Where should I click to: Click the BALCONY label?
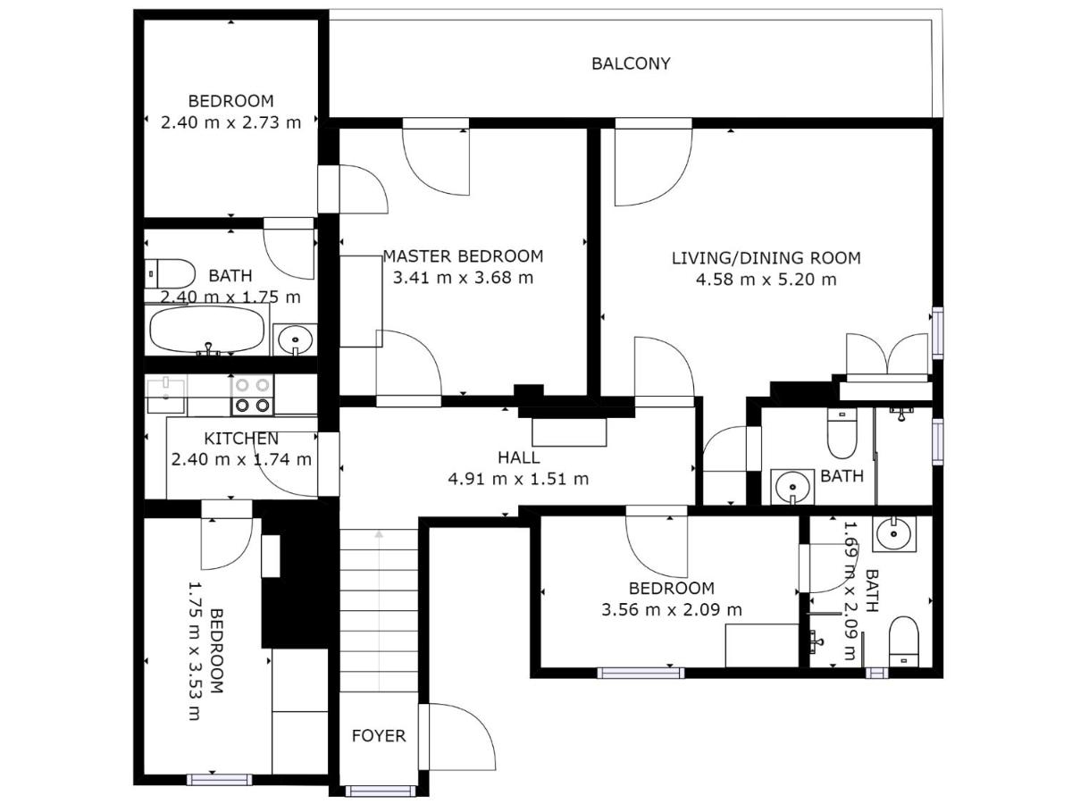click(x=631, y=63)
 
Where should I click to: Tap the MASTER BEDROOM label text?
click(x=463, y=256)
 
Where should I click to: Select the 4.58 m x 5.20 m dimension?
click(x=766, y=280)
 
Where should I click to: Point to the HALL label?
click(x=519, y=457)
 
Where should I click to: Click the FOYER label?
click(x=379, y=735)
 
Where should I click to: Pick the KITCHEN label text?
click(x=241, y=439)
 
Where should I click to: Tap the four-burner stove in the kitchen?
click(x=252, y=395)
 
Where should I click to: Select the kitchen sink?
click(x=166, y=395)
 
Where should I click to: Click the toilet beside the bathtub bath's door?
click(x=170, y=274)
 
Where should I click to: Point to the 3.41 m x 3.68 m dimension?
click(x=463, y=278)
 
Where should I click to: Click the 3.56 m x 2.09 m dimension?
click(x=672, y=610)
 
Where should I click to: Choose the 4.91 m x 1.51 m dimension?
click(x=518, y=479)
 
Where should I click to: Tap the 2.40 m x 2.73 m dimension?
click(x=230, y=122)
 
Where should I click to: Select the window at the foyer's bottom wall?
click(x=381, y=791)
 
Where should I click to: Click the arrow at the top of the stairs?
click(x=379, y=534)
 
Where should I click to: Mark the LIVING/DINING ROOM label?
click(x=766, y=258)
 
